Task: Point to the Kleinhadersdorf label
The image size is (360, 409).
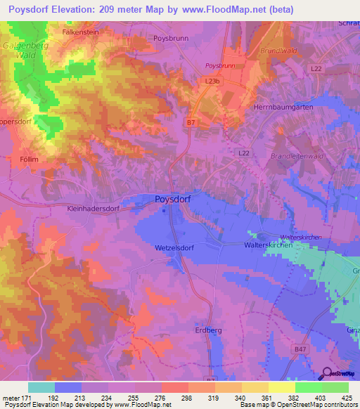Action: [84, 209]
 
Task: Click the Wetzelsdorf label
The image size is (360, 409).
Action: [174, 248]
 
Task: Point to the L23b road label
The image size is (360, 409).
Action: [213, 82]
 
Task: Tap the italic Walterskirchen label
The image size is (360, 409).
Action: [300, 238]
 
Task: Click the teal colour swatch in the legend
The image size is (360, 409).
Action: [41, 387]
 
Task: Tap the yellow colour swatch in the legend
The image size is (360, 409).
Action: [281, 387]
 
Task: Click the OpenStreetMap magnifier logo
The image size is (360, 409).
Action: [326, 374]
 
